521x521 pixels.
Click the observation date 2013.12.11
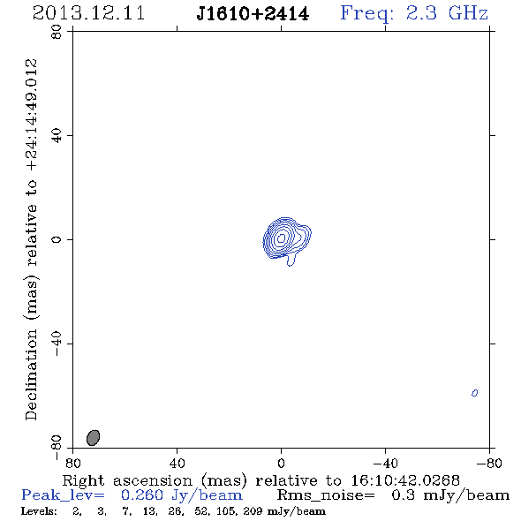[x=88, y=13]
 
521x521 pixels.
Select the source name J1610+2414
[x=253, y=14]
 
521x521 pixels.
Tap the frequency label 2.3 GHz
[x=447, y=13]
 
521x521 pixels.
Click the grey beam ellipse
[x=93, y=438]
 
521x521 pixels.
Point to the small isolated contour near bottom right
[x=474, y=393]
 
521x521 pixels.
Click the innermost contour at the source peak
[x=282, y=238]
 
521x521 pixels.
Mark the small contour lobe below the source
[x=291, y=260]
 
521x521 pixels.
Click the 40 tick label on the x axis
[x=177, y=464]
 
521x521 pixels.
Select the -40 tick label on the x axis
[x=385, y=464]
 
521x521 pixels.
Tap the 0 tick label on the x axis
[x=281, y=464]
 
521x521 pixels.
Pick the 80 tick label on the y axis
[x=57, y=32]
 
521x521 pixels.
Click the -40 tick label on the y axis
[x=57, y=344]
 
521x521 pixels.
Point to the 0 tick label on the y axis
[x=57, y=239]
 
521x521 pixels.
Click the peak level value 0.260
[x=142, y=495]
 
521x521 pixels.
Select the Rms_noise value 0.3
[x=403, y=495]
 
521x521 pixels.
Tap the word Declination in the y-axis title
[x=31, y=374]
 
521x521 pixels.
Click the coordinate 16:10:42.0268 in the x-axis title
[x=405, y=480]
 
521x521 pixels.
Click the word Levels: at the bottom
[x=39, y=510]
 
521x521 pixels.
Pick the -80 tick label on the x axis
[x=489, y=464]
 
